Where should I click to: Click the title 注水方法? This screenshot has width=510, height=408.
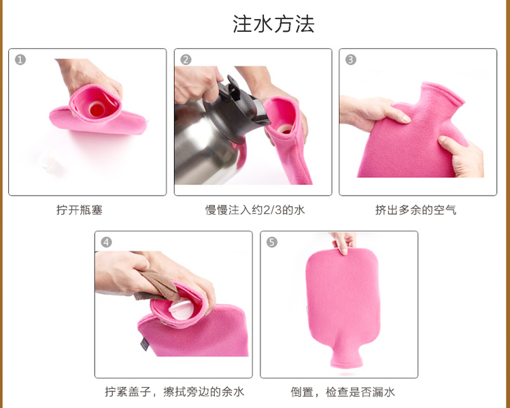[273, 24]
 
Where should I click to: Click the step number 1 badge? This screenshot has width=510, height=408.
[20, 60]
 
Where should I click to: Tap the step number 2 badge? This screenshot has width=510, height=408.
[186, 60]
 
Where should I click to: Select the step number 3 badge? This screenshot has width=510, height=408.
[351, 60]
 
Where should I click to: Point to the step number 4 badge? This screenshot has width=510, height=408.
[106, 242]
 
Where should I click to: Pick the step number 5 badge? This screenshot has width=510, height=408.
[272, 242]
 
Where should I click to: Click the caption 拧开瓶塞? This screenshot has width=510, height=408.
[80, 210]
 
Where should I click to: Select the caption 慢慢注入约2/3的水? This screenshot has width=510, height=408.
[255, 210]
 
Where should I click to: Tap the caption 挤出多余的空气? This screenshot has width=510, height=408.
[415, 210]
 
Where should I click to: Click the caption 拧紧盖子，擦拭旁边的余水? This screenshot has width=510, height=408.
[174, 392]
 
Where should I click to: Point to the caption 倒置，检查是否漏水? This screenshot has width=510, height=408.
[343, 392]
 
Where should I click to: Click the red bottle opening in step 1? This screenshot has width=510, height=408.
[97, 109]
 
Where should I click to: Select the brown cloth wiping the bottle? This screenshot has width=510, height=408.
[158, 286]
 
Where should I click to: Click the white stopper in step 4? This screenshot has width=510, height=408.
[181, 310]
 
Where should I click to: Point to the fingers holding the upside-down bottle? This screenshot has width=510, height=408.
[343, 242]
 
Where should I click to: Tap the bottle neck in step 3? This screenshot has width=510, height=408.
[437, 96]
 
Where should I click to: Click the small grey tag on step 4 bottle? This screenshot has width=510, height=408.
[144, 344]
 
